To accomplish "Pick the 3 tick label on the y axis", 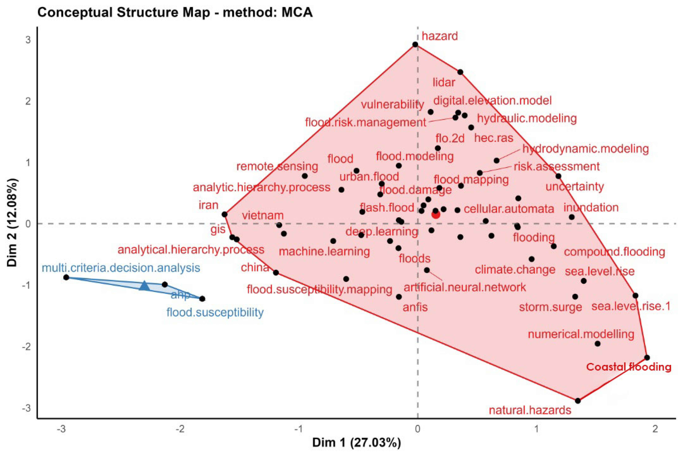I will [x=28, y=40].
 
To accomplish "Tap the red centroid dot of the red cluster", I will [x=436, y=215].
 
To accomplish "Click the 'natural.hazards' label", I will [x=530, y=410].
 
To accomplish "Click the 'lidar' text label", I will [x=444, y=83].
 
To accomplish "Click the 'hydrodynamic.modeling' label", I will [x=585, y=149].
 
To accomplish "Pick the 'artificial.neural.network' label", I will [x=465, y=287].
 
